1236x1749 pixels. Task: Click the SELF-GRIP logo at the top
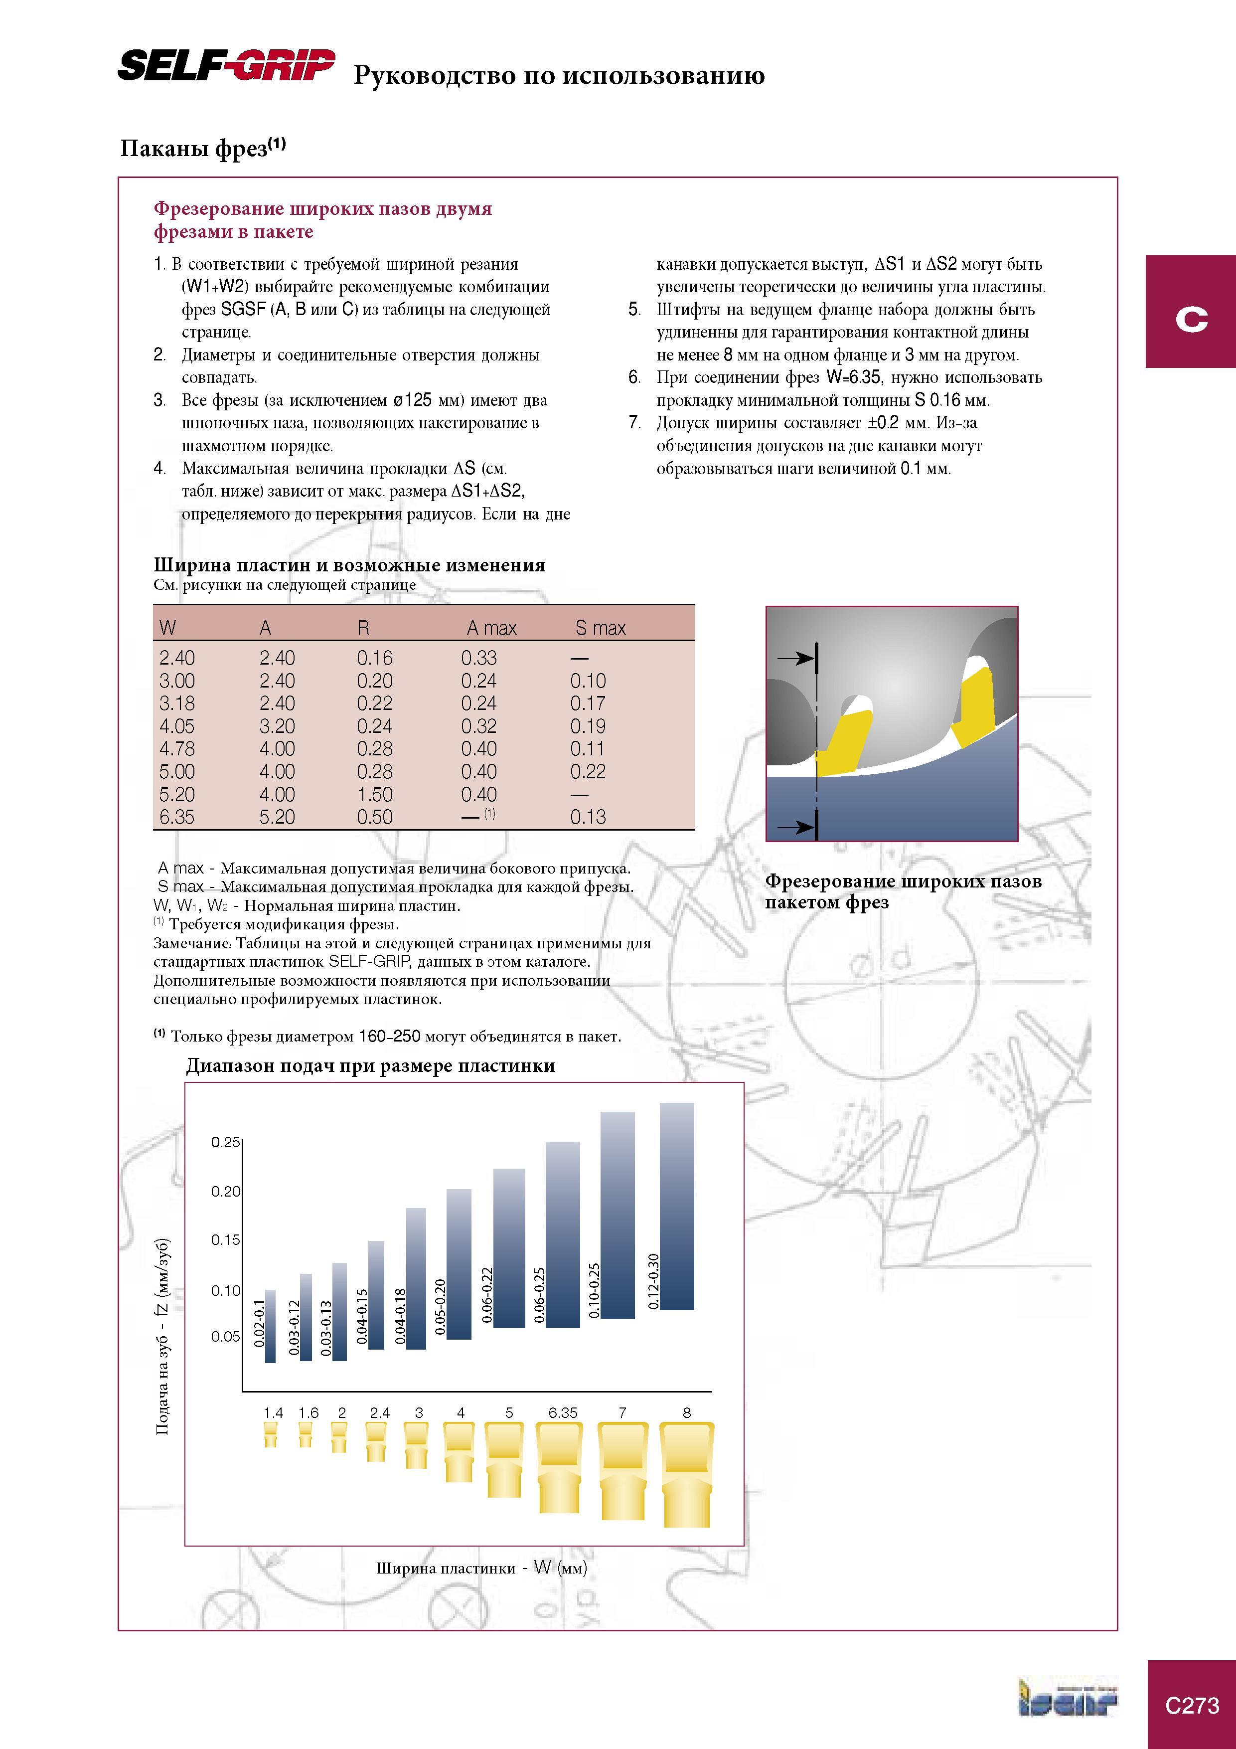tap(226, 65)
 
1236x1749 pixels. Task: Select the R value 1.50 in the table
tap(375, 795)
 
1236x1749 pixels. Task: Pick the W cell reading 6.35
tap(177, 817)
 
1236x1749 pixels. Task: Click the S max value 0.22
tap(588, 772)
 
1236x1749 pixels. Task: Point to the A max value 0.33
tap(479, 658)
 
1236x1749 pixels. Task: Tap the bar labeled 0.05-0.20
tap(459, 1264)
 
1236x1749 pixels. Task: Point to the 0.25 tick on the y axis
tap(225, 1142)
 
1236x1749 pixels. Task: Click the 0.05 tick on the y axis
tap(225, 1336)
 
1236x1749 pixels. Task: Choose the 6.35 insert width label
tap(563, 1412)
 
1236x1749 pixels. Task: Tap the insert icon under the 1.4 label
tap(270, 1435)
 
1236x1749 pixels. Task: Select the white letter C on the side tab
tap(1192, 319)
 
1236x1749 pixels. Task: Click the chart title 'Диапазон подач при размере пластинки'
tap(371, 1065)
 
